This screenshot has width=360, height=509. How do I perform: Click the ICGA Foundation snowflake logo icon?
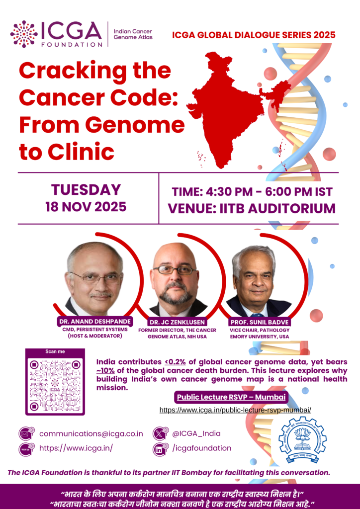tap(24, 34)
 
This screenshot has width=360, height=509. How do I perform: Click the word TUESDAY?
tap(86, 190)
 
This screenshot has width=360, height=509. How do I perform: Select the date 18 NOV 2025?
tap(86, 207)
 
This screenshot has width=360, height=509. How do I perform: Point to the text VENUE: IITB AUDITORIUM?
tap(252, 209)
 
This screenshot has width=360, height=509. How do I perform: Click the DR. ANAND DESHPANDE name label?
tap(95, 322)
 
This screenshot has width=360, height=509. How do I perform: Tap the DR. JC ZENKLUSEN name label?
tap(177, 323)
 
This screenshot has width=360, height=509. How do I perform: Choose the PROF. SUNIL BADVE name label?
tap(260, 323)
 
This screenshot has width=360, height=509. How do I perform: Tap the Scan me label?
tap(55, 351)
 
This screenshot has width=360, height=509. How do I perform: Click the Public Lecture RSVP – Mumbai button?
tap(231, 397)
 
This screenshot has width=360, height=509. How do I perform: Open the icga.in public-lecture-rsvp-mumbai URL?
tap(235, 410)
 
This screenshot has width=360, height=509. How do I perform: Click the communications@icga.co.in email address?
tap(91, 433)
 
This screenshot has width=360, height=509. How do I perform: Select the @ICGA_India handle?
tap(196, 433)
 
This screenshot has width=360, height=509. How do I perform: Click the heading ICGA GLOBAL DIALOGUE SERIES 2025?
tap(254, 35)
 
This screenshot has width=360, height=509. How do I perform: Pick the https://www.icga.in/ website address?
tap(76, 448)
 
